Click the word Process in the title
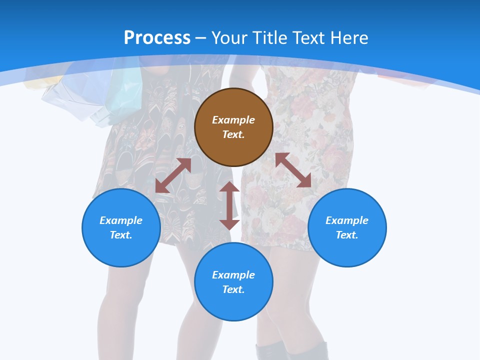(157, 38)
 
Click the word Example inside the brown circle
(233, 120)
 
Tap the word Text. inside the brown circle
(233, 134)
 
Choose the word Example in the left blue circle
(121, 220)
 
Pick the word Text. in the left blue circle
(121, 235)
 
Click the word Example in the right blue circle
(347, 220)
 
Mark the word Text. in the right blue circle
(347, 235)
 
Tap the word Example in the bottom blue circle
(233, 275)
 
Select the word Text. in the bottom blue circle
(233, 289)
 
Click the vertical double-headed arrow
(229, 205)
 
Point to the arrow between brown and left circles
(173, 175)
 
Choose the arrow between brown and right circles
(293, 170)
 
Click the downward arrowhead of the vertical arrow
(229, 224)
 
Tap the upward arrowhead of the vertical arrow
(229, 187)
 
